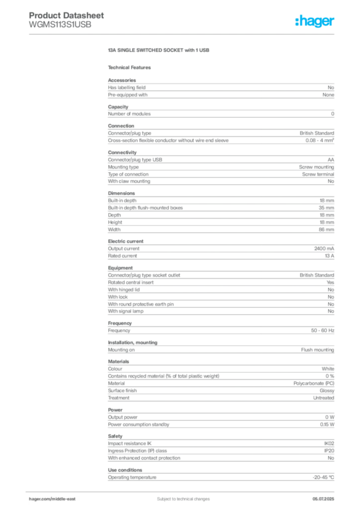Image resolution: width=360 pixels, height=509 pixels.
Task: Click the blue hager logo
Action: [x=316, y=22]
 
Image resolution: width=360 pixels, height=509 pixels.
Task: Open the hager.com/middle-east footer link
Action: [x=52, y=499]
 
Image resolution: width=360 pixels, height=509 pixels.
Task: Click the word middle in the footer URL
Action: [x=58, y=499]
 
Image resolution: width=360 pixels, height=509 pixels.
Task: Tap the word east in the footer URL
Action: [x=71, y=499]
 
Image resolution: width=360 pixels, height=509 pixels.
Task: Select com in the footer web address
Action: [x=46, y=499]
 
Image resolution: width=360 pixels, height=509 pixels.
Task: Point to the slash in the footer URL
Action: [x=51, y=499]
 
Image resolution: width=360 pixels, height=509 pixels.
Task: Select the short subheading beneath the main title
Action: [x=131, y=67]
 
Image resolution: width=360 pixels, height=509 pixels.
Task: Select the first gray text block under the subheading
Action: [x=221, y=88]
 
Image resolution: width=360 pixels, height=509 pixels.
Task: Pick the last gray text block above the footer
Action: [x=221, y=476]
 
